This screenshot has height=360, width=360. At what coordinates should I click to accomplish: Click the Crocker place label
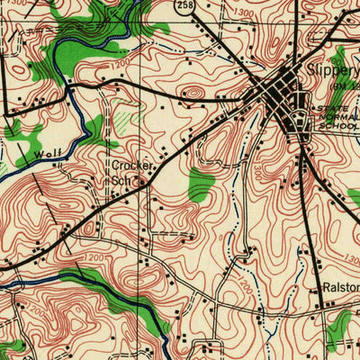pos(131,166)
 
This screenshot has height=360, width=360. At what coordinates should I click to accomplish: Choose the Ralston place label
pos(340,288)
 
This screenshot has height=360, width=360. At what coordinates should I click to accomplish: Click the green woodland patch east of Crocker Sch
pos(201,184)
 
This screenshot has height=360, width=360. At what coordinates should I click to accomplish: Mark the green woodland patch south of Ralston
pos(339,326)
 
